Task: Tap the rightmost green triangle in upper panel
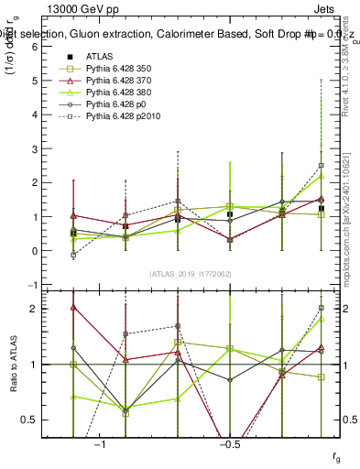tap(321, 176)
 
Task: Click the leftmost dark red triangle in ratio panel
tap(73, 308)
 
